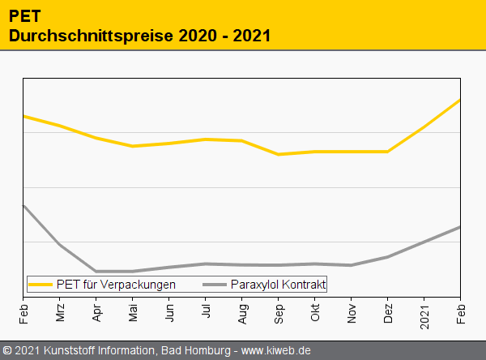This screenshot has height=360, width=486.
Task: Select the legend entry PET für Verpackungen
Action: click(x=116, y=284)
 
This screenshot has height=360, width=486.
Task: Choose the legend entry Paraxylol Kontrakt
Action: click(x=278, y=284)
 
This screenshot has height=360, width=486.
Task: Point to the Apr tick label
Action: click(x=96, y=312)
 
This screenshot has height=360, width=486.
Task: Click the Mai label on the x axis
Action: click(x=133, y=312)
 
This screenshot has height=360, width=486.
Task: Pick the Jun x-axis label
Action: click(x=169, y=312)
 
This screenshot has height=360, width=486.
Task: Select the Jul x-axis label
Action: click(x=206, y=311)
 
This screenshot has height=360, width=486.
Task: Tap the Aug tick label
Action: click(x=242, y=312)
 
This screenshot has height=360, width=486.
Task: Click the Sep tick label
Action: click(x=279, y=312)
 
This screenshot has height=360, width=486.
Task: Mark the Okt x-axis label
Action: click(x=315, y=312)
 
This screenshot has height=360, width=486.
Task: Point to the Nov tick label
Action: click(x=352, y=312)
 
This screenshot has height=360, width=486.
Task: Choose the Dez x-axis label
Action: click(x=388, y=312)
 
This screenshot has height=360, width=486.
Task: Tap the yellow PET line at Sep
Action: click(x=278, y=154)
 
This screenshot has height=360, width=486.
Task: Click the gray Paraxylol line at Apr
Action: click(x=96, y=271)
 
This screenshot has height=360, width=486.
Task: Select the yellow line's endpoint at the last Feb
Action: click(x=459, y=100)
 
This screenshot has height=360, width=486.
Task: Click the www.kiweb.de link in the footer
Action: click(x=276, y=351)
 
